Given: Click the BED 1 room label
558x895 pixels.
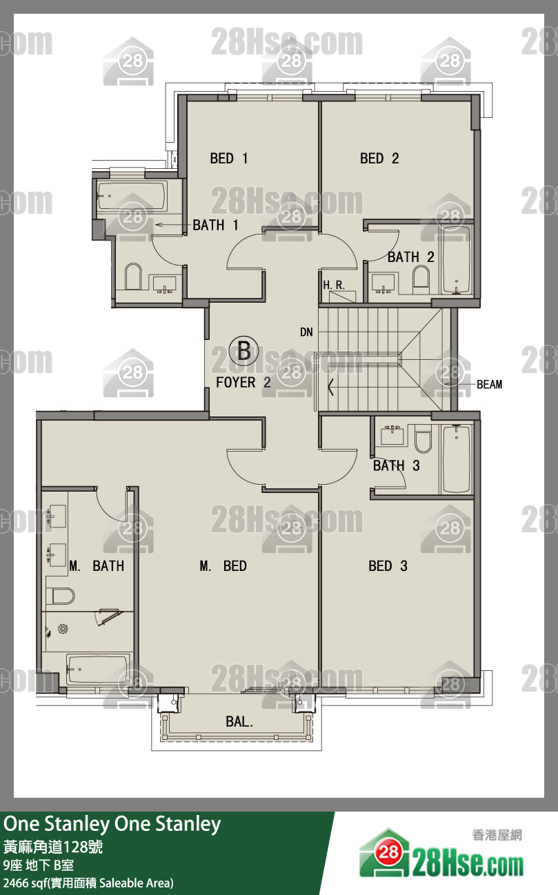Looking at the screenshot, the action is [x=229, y=158].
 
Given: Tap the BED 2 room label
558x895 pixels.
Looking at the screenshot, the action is [x=379, y=158].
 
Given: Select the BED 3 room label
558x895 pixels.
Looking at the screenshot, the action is [x=388, y=566].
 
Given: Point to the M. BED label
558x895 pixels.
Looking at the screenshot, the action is [x=223, y=566].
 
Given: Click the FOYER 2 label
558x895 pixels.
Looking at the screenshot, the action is [x=243, y=383].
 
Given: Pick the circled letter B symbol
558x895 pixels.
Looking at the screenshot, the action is [x=244, y=351].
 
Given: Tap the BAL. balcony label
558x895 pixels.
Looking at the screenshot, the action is [x=239, y=722].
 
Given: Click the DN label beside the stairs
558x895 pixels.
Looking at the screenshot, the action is [x=306, y=332].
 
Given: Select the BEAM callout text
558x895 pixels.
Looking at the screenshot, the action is [x=490, y=384].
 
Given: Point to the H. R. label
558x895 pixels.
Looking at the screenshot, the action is [x=334, y=285].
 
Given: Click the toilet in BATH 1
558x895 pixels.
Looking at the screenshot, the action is [x=134, y=276].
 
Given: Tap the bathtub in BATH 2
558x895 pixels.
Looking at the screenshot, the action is [x=456, y=260].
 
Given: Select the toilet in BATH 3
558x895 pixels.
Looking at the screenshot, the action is [x=423, y=439].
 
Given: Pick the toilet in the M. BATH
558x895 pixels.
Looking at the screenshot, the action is [x=60, y=596].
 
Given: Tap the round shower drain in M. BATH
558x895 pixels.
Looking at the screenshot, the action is [x=63, y=629].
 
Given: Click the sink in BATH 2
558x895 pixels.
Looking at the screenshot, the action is [x=383, y=283].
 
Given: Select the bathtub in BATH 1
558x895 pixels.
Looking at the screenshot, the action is [x=132, y=197].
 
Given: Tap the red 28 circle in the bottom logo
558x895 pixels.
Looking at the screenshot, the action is [x=388, y=853].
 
